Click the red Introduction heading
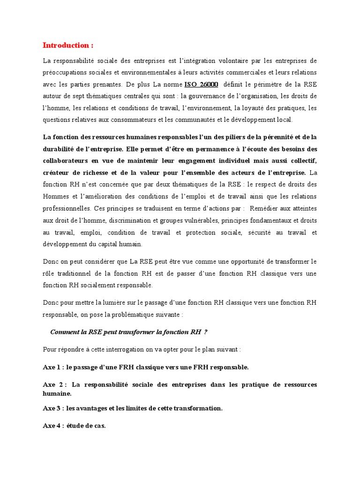point(68,45)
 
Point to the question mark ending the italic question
point(206,332)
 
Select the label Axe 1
point(52,367)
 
